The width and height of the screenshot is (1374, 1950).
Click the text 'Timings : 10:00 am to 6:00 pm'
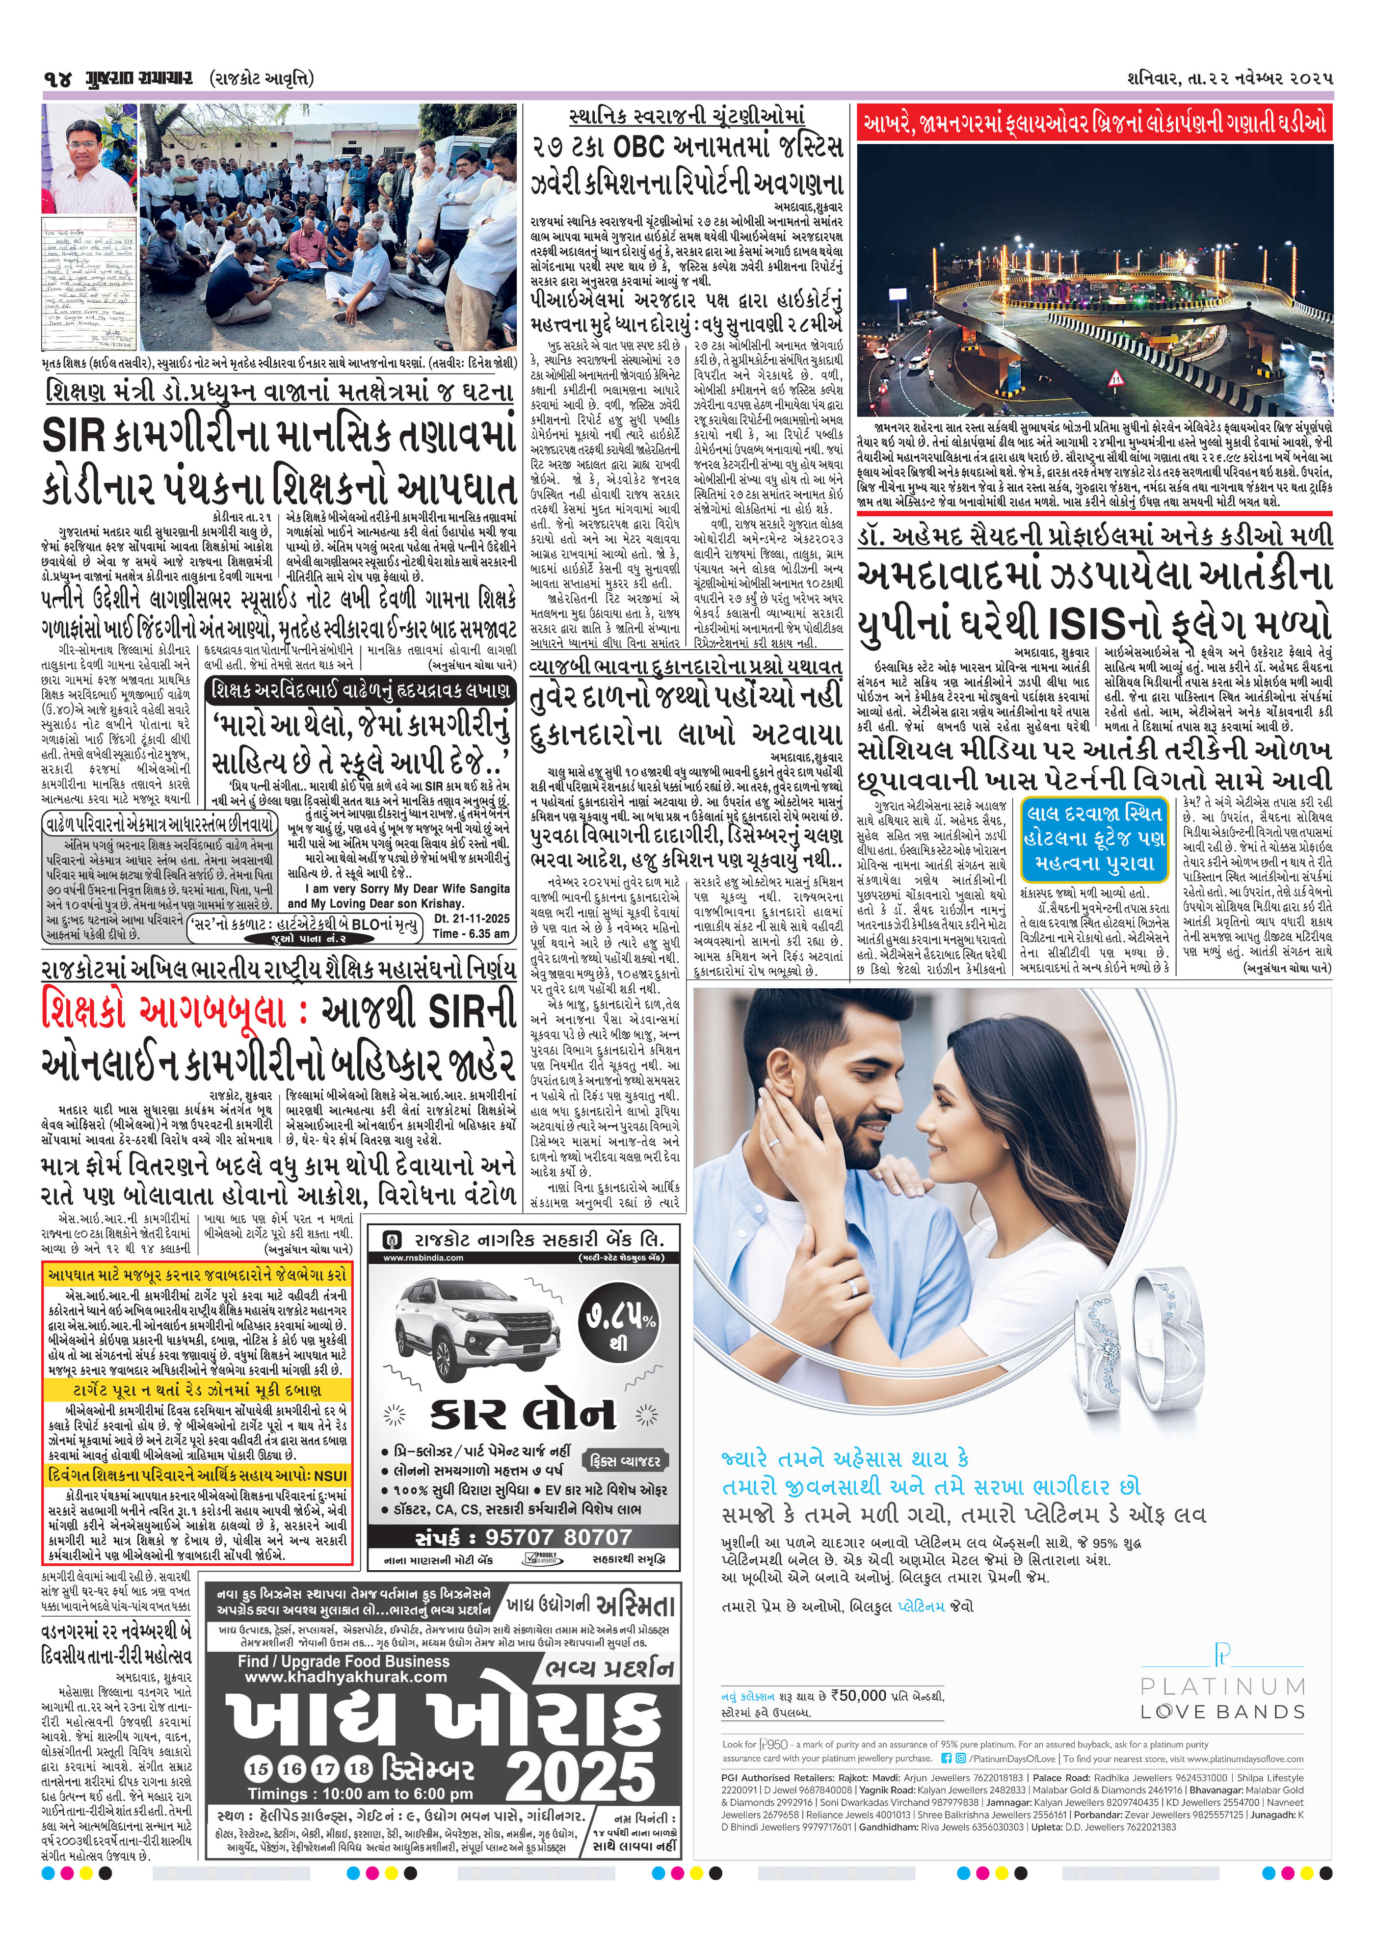pyautogui.click(x=360, y=1794)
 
